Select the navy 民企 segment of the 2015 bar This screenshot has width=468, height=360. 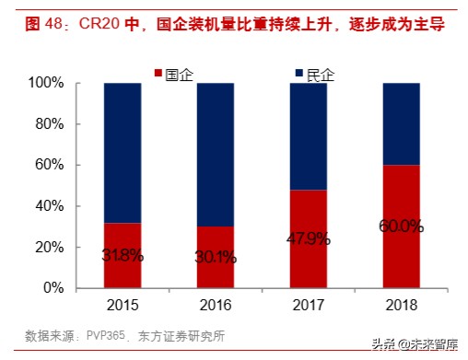pos(123,152)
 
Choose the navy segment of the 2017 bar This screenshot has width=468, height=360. pos(309,135)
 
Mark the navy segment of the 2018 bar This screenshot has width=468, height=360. pos(402,123)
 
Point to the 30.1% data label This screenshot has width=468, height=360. pos(216,258)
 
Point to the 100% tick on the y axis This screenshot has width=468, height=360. pos(45,83)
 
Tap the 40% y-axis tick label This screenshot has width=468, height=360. pos(48,206)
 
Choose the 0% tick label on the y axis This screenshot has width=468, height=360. pos(52,288)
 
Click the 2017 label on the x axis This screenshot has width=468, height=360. pos(309,305)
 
